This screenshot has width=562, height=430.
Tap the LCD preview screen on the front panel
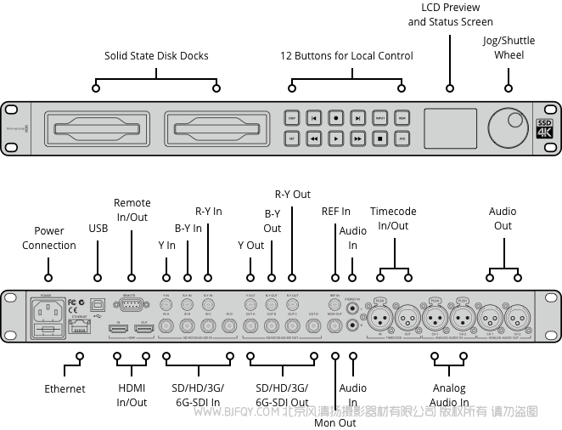coord(449,127)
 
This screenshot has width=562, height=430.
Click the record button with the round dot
coord(336,119)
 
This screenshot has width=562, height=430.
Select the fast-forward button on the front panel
coord(358,137)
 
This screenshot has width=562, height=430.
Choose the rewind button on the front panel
coord(314,137)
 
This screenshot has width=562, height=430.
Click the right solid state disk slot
coord(215,128)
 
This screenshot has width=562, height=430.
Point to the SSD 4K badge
coord(543,127)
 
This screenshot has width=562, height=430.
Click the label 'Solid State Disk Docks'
coord(156,56)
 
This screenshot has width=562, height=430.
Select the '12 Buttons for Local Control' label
coord(346,56)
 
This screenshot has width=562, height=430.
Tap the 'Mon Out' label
coord(335,422)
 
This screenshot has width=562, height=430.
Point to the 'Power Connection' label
coord(49,238)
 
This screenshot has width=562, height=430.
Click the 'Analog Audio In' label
coord(449,395)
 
